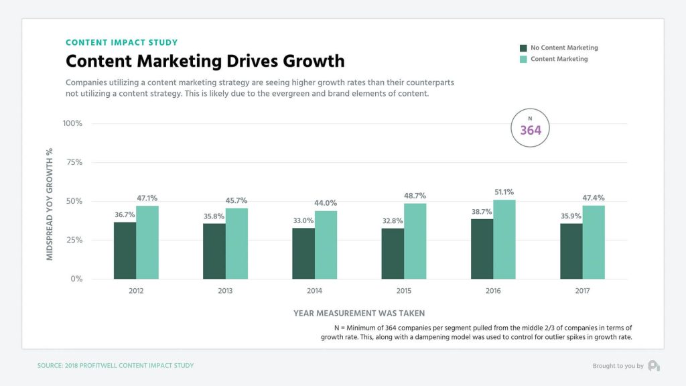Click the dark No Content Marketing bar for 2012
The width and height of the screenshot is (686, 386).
[x=125, y=250]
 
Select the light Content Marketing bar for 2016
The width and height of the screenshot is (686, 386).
[x=504, y=239]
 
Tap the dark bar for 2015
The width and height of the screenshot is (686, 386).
[x=393, y=253]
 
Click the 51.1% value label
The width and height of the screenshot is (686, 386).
[x=504, y=192]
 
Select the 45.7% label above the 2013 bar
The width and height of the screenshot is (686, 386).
[x=236, y=200]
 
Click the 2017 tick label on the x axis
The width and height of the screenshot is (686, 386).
[x=583, y=291]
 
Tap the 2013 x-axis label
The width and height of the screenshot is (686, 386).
[x=226, y=291]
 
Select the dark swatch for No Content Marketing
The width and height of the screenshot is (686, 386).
[x=523, y=48]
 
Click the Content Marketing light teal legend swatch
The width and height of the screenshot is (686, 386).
[x=523, y=60]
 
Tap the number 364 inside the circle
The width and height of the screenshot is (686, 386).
[x=531, y=131]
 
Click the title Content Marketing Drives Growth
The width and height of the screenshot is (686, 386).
[x=205, y=62]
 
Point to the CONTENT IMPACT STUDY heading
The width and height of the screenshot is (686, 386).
[x=121, y=43]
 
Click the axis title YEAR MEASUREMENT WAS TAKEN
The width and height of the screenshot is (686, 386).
[x=359, y=313]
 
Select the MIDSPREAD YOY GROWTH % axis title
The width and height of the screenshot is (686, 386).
[x=50, y=204]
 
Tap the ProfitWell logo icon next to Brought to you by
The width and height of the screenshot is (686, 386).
[x=653, y=365]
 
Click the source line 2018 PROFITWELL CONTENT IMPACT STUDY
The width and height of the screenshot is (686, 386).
[x=115, y=366]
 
